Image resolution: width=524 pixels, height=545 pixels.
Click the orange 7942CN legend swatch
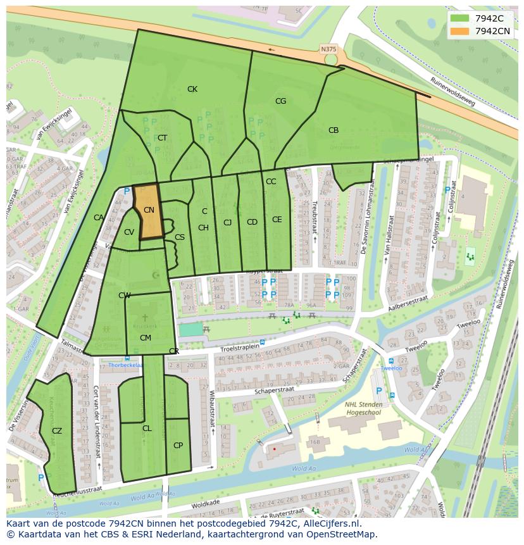tap(460, 31)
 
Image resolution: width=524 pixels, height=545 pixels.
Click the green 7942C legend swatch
tap(460, 18)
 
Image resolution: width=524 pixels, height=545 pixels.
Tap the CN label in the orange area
tap(149, 210)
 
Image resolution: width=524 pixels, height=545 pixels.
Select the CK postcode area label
tap(192, 89)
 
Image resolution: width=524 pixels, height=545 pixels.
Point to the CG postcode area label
tap(280, 101)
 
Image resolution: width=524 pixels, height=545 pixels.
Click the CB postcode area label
tap(334, 130)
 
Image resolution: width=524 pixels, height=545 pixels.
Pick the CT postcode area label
tap(163, 138)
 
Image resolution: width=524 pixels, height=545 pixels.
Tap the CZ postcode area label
tap(57, 431)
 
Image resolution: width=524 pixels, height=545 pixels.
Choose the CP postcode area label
tap(178, 446)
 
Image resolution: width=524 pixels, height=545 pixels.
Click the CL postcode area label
tap(147, 429)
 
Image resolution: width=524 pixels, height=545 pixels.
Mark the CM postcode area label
tap(145, 338)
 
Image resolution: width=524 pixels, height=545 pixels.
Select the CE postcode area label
tap(277, 220)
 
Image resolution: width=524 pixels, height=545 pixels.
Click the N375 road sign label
tap(328, 49)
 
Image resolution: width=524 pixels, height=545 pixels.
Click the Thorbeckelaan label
tap(125, 365)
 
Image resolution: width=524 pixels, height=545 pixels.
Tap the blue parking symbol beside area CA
tap(127, 191)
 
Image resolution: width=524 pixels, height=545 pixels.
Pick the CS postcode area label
tap(180, 237)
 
